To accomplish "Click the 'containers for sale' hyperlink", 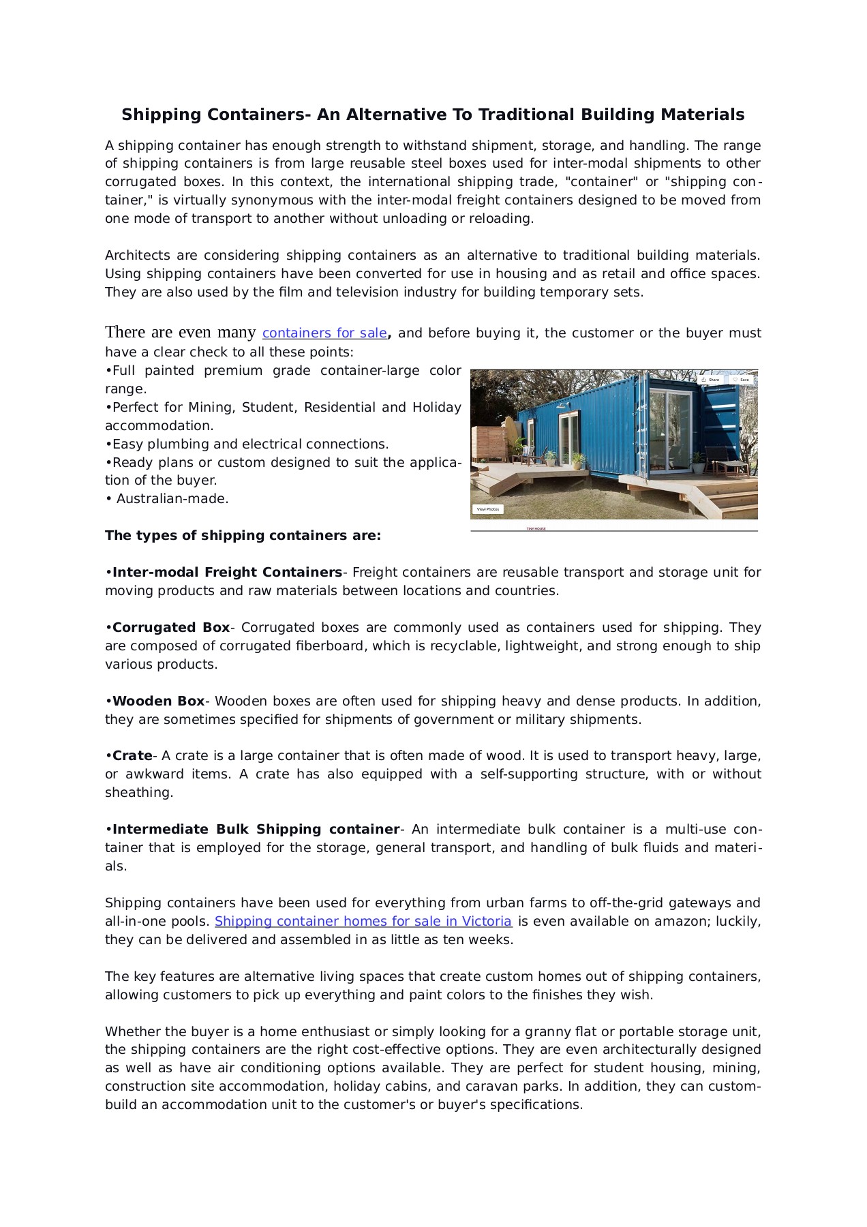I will pyautogui.click(x=324, y=333).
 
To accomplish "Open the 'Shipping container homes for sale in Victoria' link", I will pyautogui.click(x=363, y=922).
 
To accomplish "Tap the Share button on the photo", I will pyautogui.click(x=710, y=380).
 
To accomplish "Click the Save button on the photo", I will pyautogui.click(x=741, y=380).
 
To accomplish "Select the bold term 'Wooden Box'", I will pyautogui.click(x=158, y=701).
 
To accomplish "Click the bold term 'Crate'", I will pyautogui.click(x=132, y=756).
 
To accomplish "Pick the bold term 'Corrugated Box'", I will pyautogui.click(x=171, y=628).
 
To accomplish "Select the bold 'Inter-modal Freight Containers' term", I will pyautogui.click(x=227, y=573).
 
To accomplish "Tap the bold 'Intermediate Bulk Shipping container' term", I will pyautogui.click(x=256, y=830).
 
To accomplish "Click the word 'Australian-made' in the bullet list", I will pyautogui.click(x=172, y=499).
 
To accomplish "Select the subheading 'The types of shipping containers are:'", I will pyautogui.click(x=243, y=536).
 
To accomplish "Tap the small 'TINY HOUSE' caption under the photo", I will pyautogui.click(x=536, y=528).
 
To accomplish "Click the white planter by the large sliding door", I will pyautogui.click(x=698, y=468).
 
